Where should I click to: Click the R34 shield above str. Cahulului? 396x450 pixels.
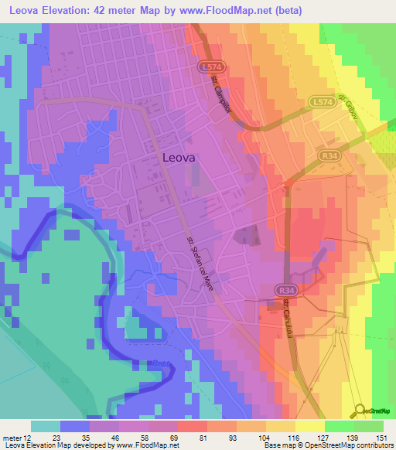(x=283, y=290)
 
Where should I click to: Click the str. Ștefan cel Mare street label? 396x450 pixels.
(x=200, y=264)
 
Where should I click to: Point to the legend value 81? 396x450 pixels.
(x=203, y=437)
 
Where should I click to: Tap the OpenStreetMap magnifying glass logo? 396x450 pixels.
(x=359, y=411)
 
